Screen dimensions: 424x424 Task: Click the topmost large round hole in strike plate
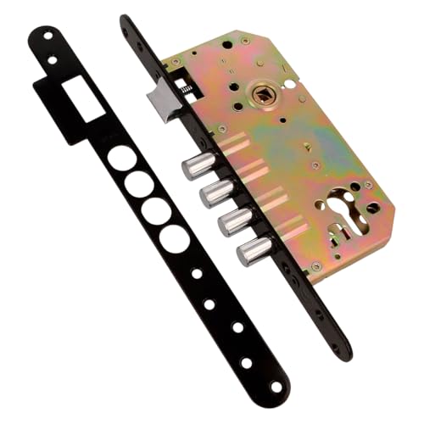121,159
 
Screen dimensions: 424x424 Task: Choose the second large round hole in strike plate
138,184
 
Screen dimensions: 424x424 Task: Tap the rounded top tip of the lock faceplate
126,21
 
